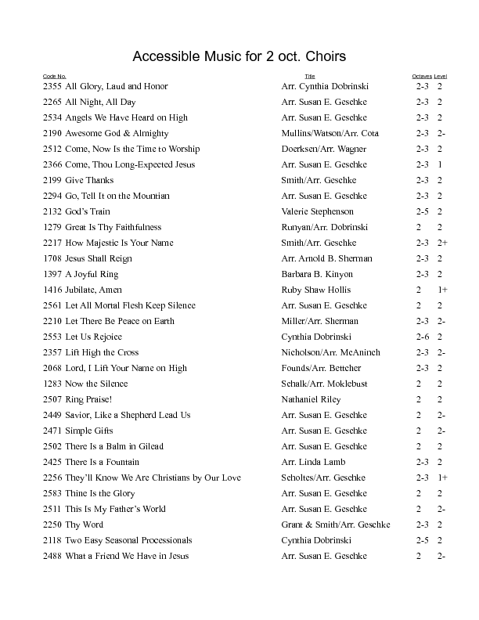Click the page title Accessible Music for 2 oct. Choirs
[239, 57]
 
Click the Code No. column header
[54, 76]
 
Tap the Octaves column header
[422, 76]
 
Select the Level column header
[441, 76]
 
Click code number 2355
[52, 86]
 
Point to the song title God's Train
[88, 211]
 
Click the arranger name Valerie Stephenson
[317, 211]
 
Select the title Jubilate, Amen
[93, 290]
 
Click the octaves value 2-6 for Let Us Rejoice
[423, 337]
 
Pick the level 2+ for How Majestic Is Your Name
[442, 243]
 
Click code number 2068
[52, 368]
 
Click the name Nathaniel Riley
[312, 399]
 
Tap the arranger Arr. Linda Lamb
[313, 462]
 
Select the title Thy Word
[84, 524]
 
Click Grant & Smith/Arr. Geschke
[336, 524]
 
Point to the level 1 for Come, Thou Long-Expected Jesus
[440, 164]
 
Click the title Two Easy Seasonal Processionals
[128, 540]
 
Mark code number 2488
[52, 556]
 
